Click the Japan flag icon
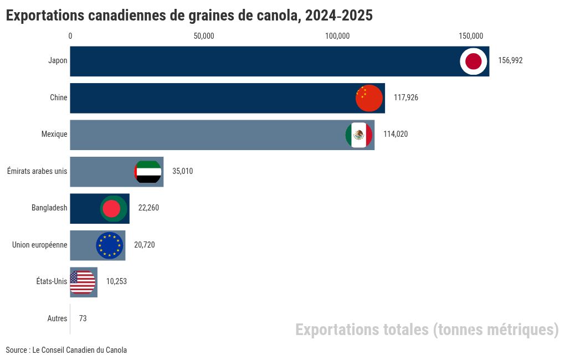point(474,61)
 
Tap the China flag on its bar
point(369,99)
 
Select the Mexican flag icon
point(359,135)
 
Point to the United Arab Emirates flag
point(148,172)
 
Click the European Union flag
point(110,245)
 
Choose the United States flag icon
point(83,282)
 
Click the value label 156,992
point(510,61)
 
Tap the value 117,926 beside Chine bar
point(406,97)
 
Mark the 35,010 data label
point(183,172)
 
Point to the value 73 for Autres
point(83,318)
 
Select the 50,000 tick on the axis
point(204,36)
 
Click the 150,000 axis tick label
point(471,36)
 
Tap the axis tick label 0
point(70,36)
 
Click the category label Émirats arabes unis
point(37,171)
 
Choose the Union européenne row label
point(40,245)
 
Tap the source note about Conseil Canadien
point(66,350)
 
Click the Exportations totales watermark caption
point(427,330)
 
